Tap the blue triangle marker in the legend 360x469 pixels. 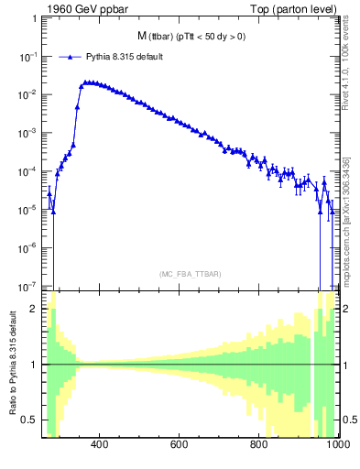pyautogui.click(x=70, y=56)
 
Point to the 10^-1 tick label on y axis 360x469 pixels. pyautogui.click(x=27, y=57)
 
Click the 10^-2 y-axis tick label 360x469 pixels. pyautogui.click(x=27, y=94)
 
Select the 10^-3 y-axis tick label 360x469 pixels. pyautogui.click(x=27, y=133)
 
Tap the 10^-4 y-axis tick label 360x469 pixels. pyautogui.click(x=27, y=171)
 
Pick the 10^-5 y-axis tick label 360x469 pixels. pyautogui.click(x=27, y=209)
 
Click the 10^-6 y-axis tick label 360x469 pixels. pyautogui.click(x=27, y=247)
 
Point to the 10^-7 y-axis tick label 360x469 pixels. pyautogui.click(x=27, y=285)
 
